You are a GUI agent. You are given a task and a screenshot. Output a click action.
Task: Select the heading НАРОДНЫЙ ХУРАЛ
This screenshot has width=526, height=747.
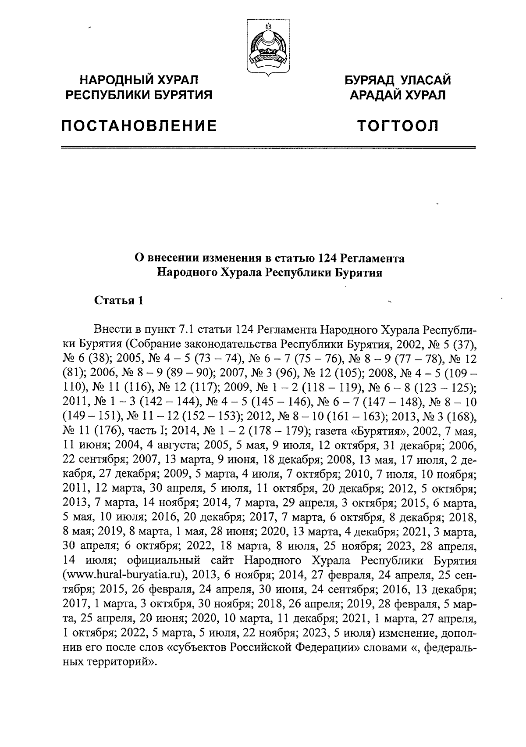[x=139, y=80]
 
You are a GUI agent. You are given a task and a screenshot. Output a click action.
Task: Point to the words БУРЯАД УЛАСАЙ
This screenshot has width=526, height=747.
[x=397, y=80]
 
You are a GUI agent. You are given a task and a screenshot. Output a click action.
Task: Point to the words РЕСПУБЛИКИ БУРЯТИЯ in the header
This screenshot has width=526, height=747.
[x=139, y=94]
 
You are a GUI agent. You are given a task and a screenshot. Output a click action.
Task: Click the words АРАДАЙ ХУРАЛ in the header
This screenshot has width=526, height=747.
[x=397, y=94]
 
